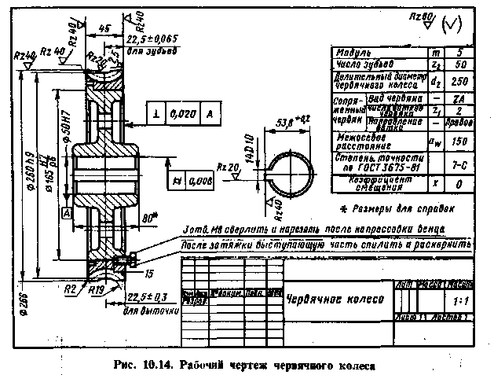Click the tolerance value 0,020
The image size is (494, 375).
(182, 115)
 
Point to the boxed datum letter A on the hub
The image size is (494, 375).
(67, 213)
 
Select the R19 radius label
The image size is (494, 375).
(98, 291)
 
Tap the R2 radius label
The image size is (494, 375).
(71, 289)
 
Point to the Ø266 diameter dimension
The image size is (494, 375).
(14, 301)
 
